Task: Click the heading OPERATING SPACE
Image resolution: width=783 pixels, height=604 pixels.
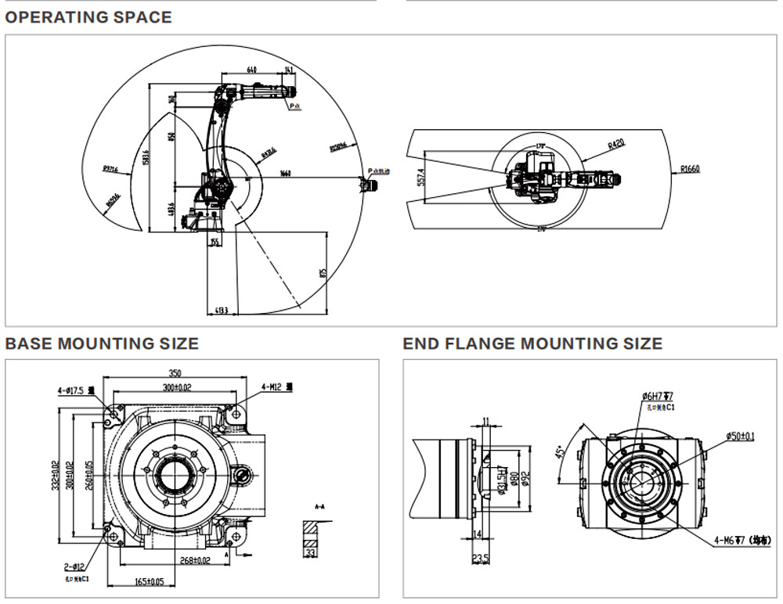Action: coord(88,16)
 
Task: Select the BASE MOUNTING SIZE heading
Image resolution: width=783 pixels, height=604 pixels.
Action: coord(102,343)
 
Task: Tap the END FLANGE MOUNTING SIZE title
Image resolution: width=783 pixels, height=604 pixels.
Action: coord(532,343)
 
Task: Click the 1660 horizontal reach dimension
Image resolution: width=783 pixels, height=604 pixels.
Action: coord(286,174)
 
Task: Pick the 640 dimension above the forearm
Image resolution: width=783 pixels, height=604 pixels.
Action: coord(251,70)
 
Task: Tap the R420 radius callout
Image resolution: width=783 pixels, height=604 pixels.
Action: coord(615,144)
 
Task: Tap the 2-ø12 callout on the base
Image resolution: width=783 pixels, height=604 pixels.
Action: coord(75,566)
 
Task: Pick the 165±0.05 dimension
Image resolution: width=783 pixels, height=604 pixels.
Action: coord(148,581)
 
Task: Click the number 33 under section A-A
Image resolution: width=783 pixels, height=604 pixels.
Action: coord(311,553)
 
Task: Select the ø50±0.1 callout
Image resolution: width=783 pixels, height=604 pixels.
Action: coord(740,435)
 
